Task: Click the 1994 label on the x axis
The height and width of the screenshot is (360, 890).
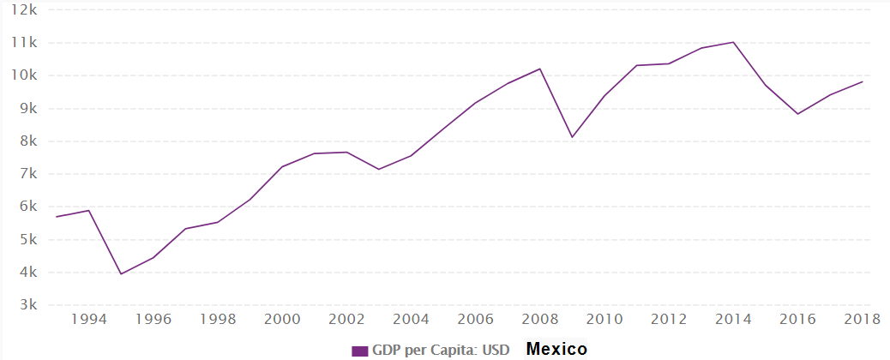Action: point(89,320)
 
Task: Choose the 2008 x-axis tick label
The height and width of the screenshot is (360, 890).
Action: point(539,320)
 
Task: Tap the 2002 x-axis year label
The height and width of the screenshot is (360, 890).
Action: point(346,320)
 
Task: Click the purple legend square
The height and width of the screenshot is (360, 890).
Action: point(360,351)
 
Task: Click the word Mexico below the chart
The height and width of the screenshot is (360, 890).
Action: point(556,349)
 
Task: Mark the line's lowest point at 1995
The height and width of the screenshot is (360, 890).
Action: point(121,273)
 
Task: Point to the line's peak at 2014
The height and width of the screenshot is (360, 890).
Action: point(733,42)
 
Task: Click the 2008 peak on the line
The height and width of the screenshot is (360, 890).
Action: point(539,69)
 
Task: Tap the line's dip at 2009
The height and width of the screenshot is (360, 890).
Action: point(572,137)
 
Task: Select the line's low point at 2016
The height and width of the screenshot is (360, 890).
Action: point(797,114)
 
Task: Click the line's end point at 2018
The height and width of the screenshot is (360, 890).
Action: point(862,81)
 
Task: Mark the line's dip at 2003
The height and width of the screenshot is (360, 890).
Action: point(379,169)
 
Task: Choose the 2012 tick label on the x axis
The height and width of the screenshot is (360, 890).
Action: point(668,320)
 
